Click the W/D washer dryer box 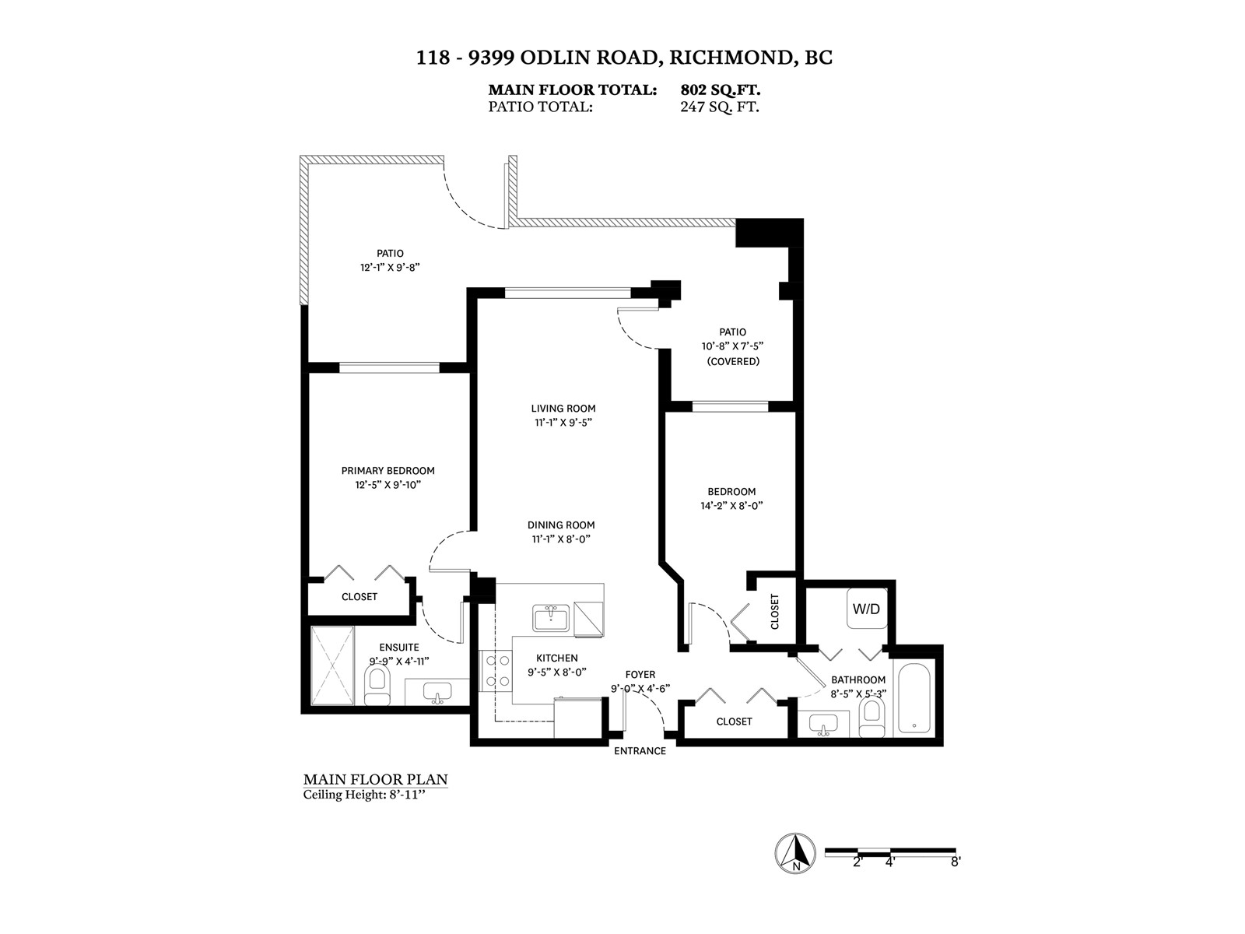(x=866, y=609)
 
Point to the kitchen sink (x=552, y=618)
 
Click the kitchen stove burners (x=496, y=670)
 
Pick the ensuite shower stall (x=332, y=665)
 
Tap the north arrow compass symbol (x=795, y=853)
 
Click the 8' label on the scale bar (x=955, y=862)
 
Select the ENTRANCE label (x=640, y=751)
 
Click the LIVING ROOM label (x=563, y=409)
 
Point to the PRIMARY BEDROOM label (x=388, y=471)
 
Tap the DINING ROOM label (x=561, y=525)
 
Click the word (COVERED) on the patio (x=733, y=362)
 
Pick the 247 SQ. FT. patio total (x=720, y=107)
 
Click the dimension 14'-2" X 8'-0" (x=731, y=506)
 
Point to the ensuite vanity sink (x=437, y=692)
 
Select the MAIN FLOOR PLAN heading (x=375, y=779)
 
